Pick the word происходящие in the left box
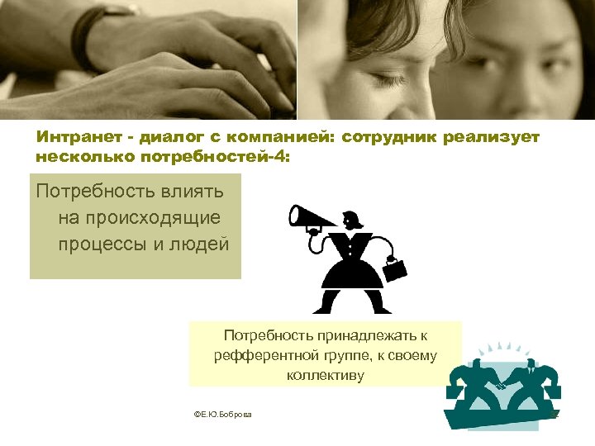click(139, 218)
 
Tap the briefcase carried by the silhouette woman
click(395, 268)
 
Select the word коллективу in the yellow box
click(325, 375)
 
